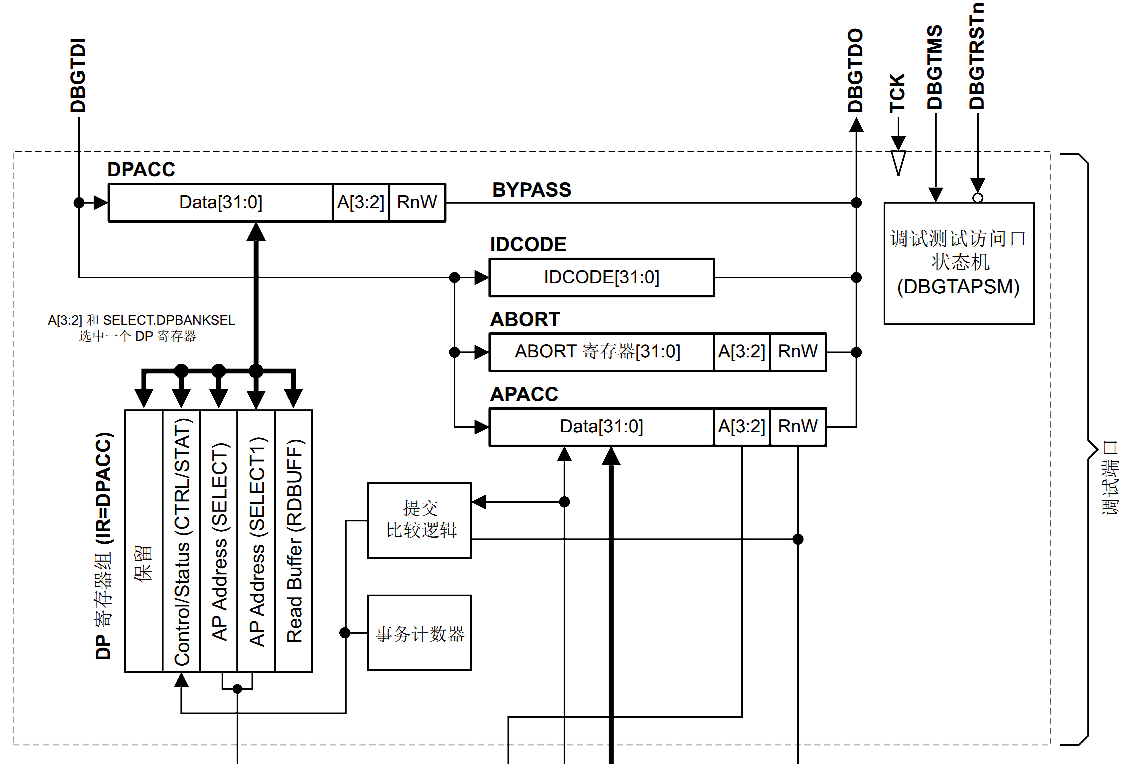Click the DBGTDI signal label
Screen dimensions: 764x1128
tap(78, 75)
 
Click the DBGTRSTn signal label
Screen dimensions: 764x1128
tap(976, 56)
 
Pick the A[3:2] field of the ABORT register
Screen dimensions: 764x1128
tap(741, 352)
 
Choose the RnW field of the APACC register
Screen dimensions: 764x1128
tap(798, 427)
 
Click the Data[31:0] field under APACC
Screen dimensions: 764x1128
tap(601, 427)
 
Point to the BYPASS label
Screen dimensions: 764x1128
tap(531, 190)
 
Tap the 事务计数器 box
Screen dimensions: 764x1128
tap(419, 633)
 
